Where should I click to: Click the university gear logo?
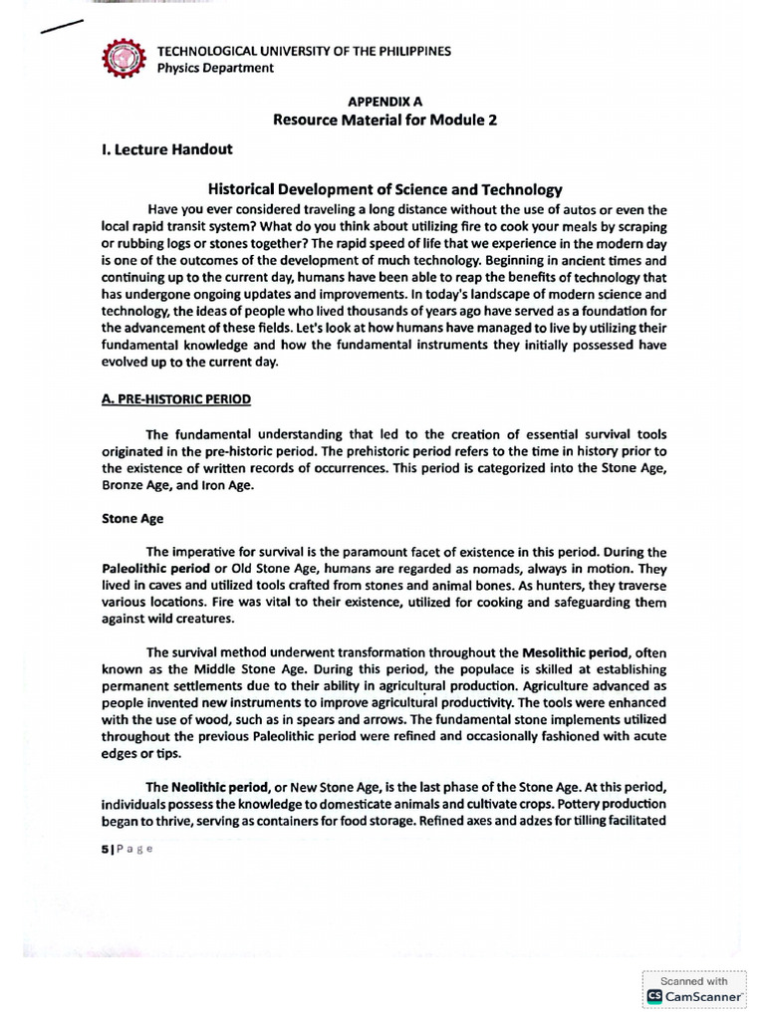click(127, 59)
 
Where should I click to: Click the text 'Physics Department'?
click(215, 68)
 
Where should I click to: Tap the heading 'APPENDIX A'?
click(383, 102)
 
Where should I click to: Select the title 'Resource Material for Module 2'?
click(383, 120)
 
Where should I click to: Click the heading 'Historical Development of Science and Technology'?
click(384, 188)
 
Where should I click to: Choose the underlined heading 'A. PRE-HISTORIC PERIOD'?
click(176, 398)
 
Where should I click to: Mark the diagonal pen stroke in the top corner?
click(61, 26)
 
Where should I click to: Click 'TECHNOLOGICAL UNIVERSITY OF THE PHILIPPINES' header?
click(305, 51)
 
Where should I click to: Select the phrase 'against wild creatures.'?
click(166, 618)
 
